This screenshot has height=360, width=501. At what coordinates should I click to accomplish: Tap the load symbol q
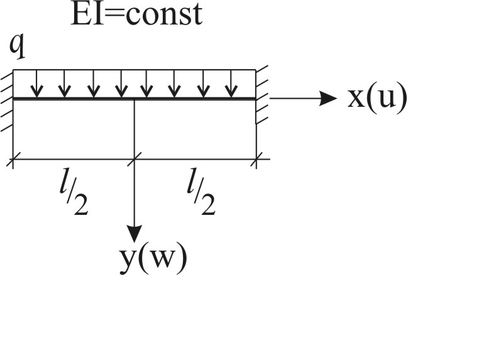tap(17, 46)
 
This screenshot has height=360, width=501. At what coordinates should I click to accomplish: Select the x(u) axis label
tap(377, 98)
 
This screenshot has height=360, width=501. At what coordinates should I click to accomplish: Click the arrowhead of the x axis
tap(328, 98)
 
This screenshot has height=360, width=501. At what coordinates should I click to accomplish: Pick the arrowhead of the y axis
tap(135, 234)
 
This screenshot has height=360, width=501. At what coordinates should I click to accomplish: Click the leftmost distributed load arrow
tap(37, 84)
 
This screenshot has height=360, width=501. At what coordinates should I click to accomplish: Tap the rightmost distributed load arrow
tap(231, 84)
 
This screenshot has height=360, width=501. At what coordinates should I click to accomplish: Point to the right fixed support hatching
tap(262, 94)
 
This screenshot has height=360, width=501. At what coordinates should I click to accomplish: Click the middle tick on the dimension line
tap(135, 159)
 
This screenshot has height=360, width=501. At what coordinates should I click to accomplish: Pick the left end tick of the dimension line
tap(13, 159)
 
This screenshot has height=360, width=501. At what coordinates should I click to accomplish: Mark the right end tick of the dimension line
tap(256, 159)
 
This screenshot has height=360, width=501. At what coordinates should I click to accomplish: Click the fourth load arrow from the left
tap(121, 84)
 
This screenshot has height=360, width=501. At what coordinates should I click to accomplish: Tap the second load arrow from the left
tap(65, 84)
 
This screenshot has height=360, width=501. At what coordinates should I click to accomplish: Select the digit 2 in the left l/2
tap(80, 205)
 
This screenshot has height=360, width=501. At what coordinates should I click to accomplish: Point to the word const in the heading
tap(164, 15)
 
